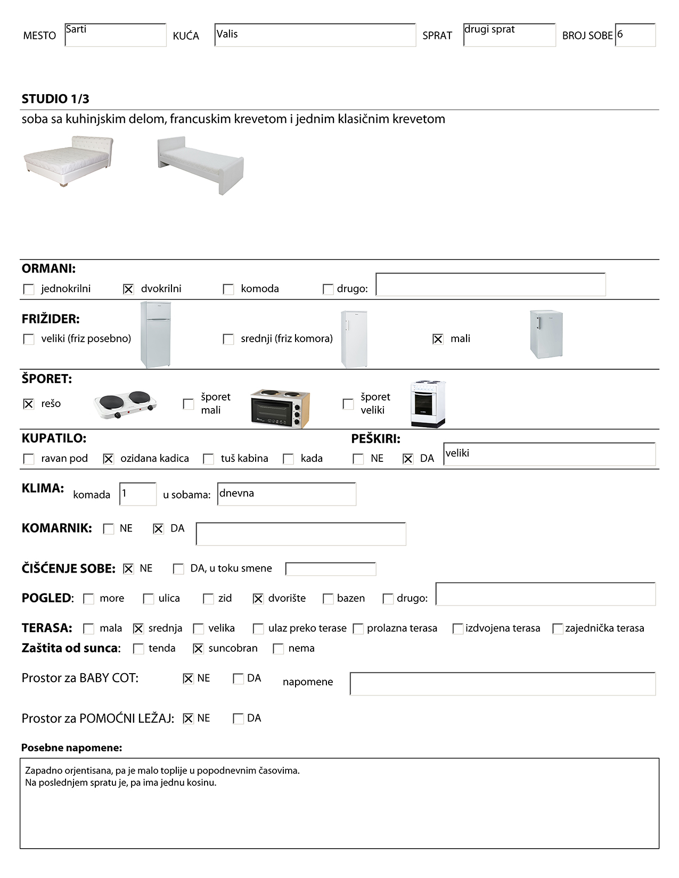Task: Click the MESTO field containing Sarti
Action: [115, 35]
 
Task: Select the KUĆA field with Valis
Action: [315, 35]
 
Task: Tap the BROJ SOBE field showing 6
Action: [635, 35]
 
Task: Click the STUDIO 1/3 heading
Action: [55, 99]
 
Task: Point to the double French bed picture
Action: [69, 161]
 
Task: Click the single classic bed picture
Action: [200, 164]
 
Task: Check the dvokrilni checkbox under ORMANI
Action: [128, 289]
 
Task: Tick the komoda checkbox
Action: [228, 289]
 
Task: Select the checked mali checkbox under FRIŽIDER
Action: [438, 339]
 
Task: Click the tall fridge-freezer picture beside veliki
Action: [156, 334]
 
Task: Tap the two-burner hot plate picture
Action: [125, 404]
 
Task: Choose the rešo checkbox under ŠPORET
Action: [29, 404]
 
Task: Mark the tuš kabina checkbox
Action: [209, 459]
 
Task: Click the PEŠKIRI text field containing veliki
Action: [549, 454]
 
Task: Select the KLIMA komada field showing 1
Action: [138, 494]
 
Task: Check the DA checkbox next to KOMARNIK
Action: [158, 529]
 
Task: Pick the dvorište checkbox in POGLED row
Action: [258, 599]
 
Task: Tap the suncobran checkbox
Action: [198, 649]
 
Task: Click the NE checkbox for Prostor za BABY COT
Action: [188, 678]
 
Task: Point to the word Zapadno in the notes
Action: [43, 771]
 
